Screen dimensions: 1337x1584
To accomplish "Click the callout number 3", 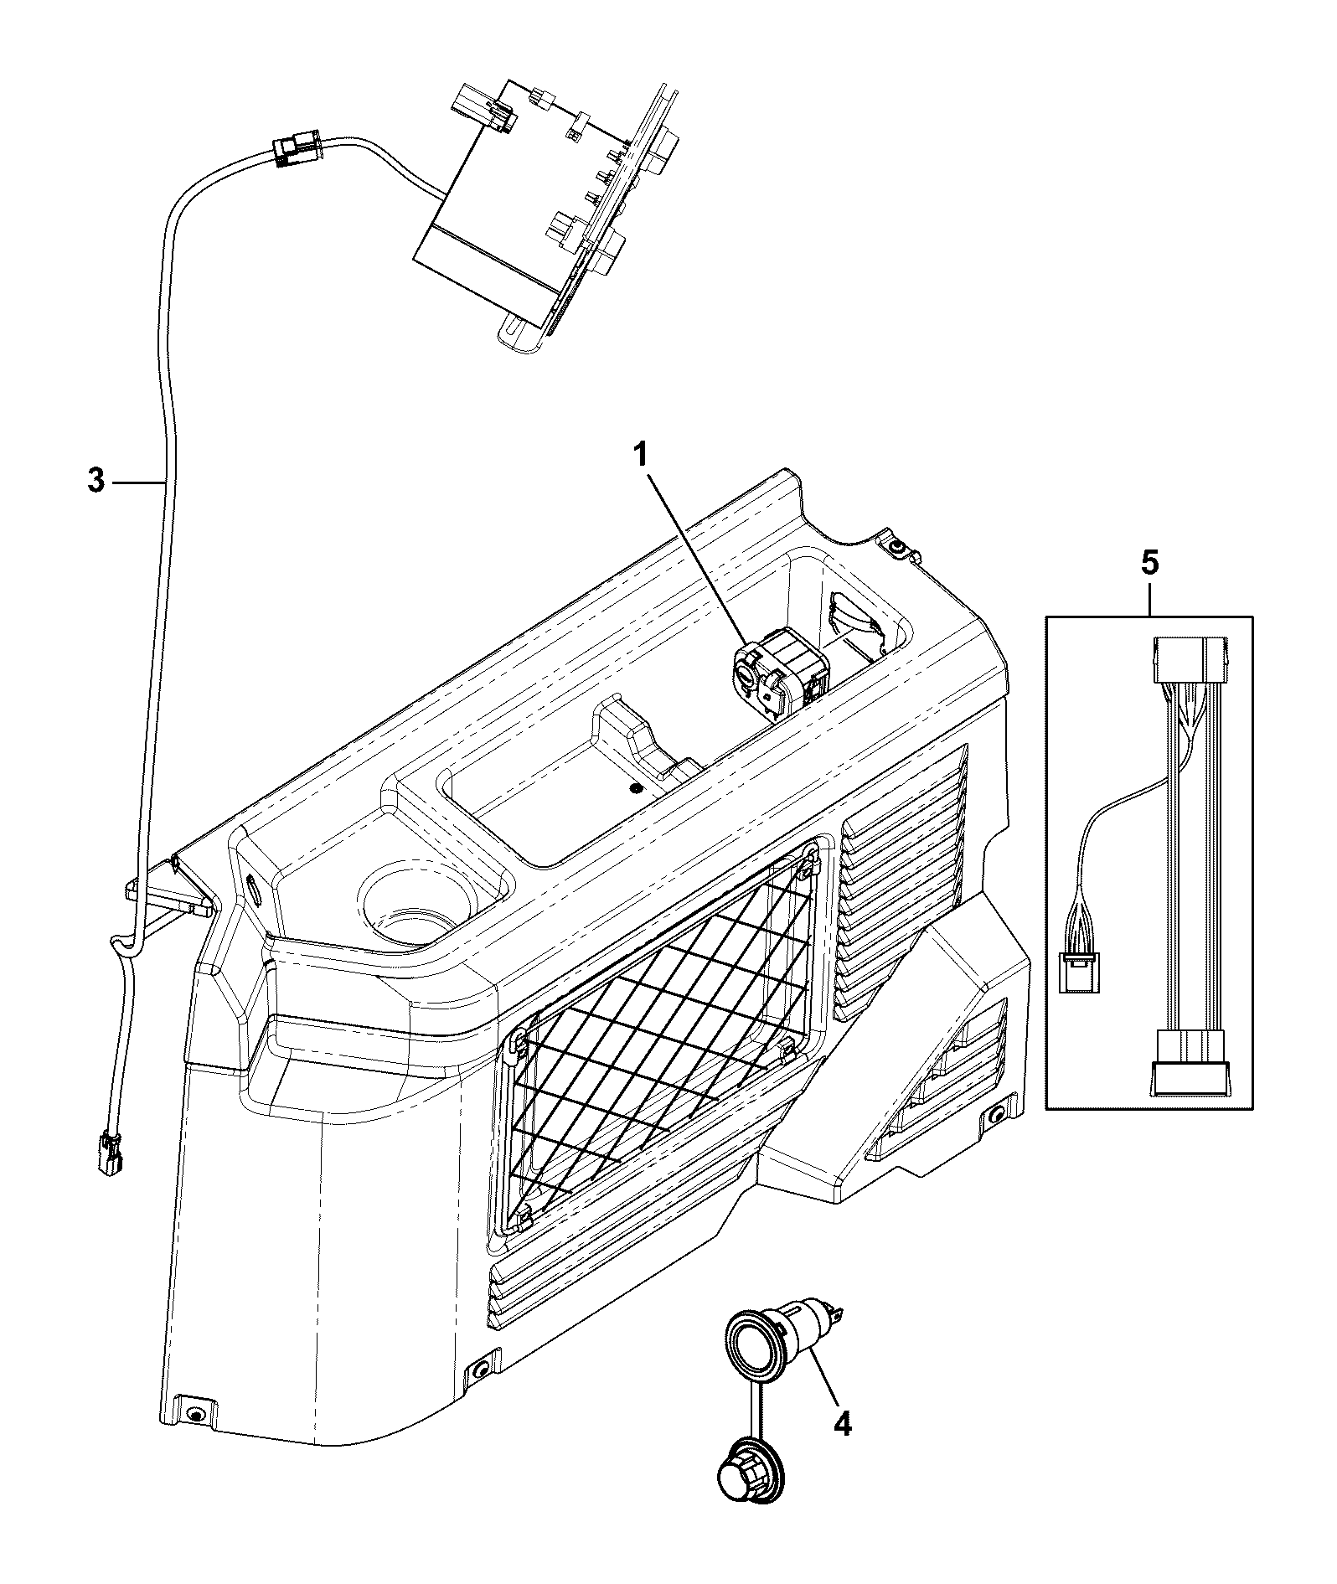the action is click(x=96, y=482).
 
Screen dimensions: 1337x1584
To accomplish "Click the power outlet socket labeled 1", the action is click(x=776, y=672).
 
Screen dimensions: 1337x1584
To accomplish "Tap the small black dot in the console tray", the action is click(x=636, y=789).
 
